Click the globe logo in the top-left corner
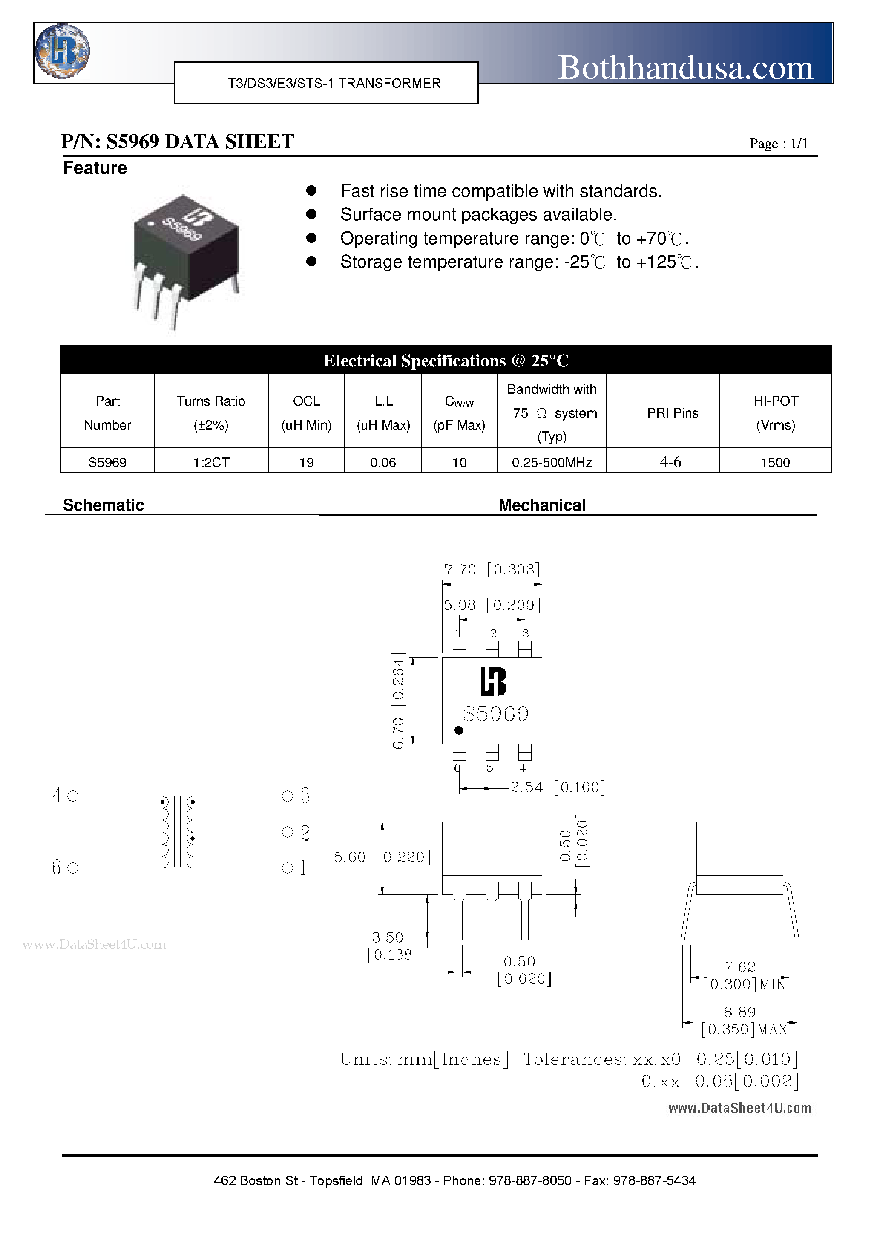pos(62,52)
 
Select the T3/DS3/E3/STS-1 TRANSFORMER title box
pos(326,83)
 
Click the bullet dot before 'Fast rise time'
pos(311,190)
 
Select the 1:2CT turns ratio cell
pos(211,462)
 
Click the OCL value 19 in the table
pos(307,462)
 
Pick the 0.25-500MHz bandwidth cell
pos(551,462)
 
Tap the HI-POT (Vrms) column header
pos(775,412)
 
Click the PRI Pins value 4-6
pos(670,462)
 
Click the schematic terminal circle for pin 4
pos(73,796)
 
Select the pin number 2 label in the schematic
pos(305,833)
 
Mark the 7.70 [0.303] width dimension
pos(492,569)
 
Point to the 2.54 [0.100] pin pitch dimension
pos(557,787)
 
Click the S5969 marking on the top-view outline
pos(495,714)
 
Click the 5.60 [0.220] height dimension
pos(382,857)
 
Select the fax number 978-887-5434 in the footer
pos(654,1180)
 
